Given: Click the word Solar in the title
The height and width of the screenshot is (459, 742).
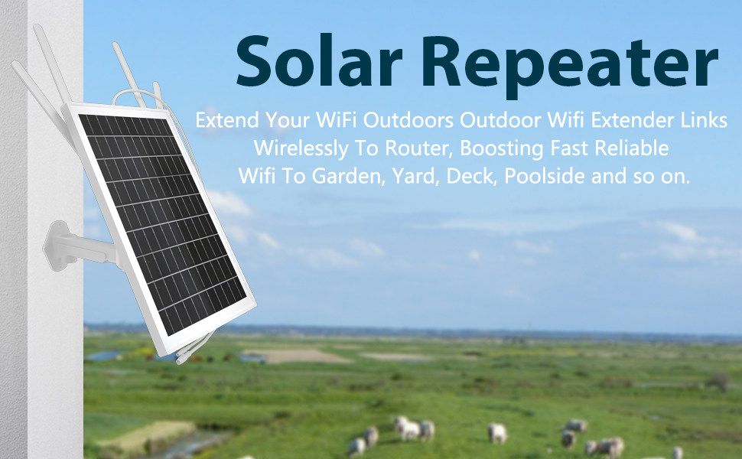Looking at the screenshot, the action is [x=320, y=61].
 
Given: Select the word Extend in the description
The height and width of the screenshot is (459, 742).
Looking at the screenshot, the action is [x=227, y=120].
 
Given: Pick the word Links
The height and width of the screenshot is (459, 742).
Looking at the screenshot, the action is [x=705, y=120].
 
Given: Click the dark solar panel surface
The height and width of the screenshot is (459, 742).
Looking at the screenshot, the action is [x=162, y=223].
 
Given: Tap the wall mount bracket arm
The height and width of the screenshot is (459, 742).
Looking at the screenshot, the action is [x=80, y=246].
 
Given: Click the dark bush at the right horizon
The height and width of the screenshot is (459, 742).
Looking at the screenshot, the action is [x=718, y=382].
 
